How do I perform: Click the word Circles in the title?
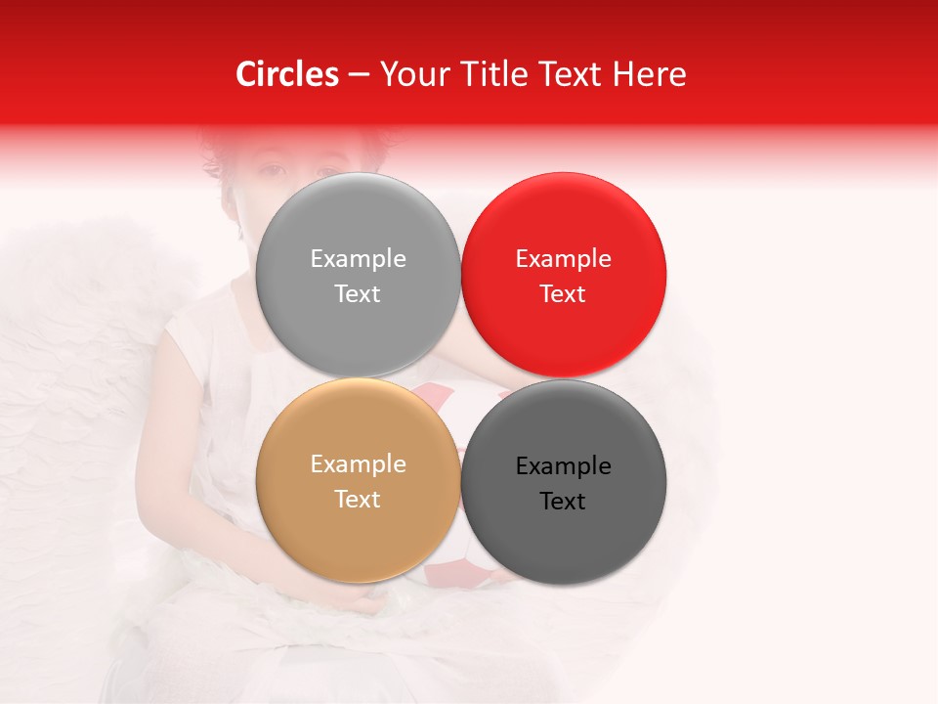286,74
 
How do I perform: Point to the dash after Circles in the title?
358,75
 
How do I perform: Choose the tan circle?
358,528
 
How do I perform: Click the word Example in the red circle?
563,259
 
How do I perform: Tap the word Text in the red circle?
563,294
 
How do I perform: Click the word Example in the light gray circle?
358,259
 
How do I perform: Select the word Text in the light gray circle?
358,294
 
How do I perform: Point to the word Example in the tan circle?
358,464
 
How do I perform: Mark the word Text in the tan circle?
358,500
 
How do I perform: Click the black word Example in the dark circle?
563,466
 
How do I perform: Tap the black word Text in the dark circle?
563,502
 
